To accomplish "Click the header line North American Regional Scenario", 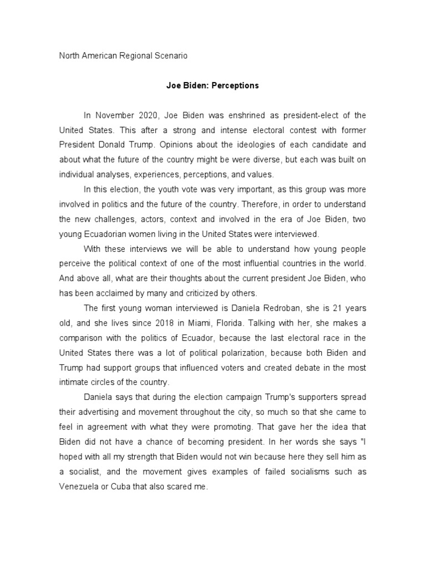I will pyautogui.click(x=123, y=55).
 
